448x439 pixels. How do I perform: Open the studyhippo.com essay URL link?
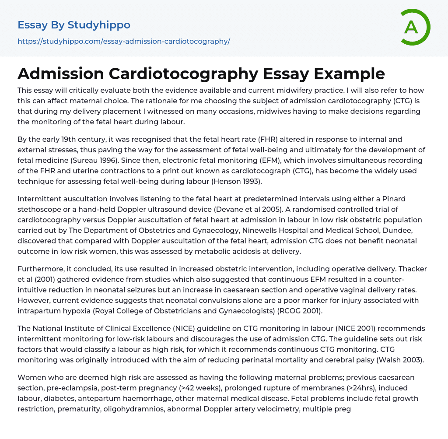[x=124, y=42]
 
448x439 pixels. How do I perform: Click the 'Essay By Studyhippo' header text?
[x=74, y=25]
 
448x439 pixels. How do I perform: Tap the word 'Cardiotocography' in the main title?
[x=183, y=74]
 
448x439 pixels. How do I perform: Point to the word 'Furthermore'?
[x=42, y=269]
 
